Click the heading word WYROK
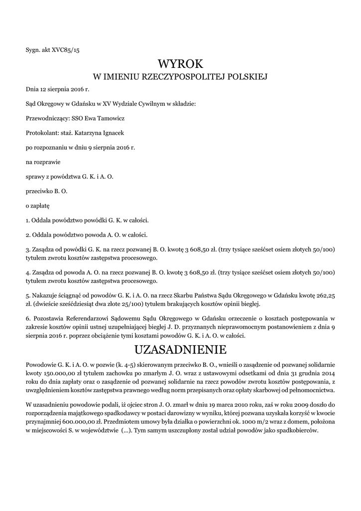pos(181,64)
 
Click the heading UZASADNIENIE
pos(181,348)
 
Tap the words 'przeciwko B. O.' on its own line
pos(47,191)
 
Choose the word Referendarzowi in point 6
pos(82,317)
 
